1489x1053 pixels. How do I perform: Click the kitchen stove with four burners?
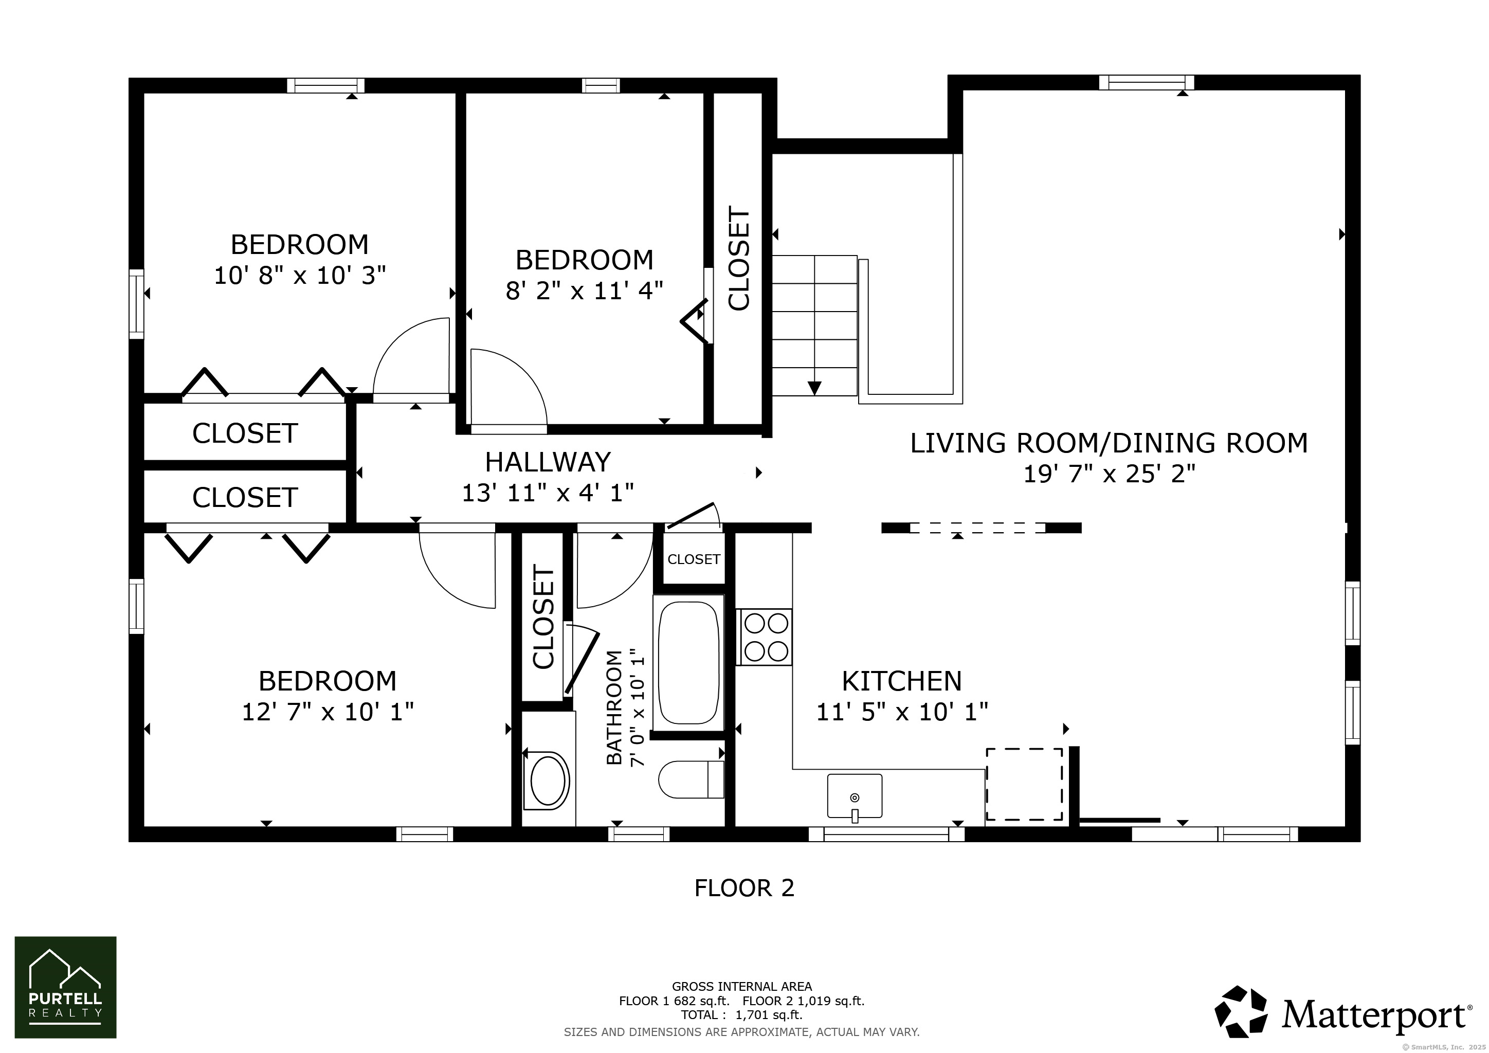tap(764, 637)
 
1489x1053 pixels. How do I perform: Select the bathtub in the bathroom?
tap(689, 663)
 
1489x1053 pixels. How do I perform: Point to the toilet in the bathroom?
tap(692, 779)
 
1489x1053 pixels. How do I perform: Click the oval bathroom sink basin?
tap(549, 780)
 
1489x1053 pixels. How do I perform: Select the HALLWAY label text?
tap(548, 462)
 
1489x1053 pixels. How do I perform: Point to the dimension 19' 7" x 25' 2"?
tap(1109, 474)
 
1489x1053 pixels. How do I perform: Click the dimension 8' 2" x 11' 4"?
tap(584, 291)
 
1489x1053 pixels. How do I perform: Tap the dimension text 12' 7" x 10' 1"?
tap(328, 712)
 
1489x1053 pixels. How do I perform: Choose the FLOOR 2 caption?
tap(744, 887)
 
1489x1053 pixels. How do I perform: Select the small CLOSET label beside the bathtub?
tap(694, 559)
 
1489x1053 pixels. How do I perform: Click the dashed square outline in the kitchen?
tap(1025, 785)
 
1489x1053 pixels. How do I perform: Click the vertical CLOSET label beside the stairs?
tap(739, 258)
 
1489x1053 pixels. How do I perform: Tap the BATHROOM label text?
tap(614, 707)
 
